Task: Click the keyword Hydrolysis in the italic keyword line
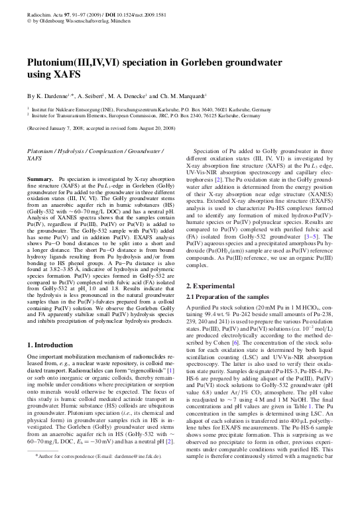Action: point(79,151)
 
